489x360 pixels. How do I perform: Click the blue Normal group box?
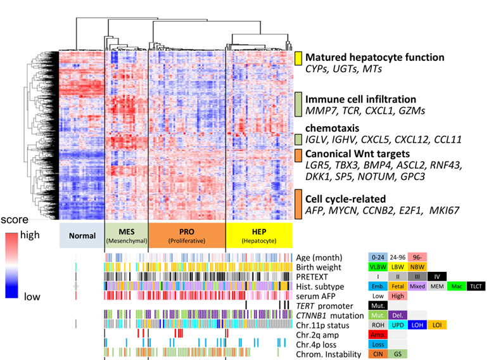pyautogui.click(x=80, y=234)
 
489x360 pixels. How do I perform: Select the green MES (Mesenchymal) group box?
pyautogui.click(x=125, y=234)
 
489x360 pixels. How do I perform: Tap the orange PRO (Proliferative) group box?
pyautogui.click(x=186, y=234)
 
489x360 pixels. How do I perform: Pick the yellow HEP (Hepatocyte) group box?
pyautogui.click(x=259, y=234)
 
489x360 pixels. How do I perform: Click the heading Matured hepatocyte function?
pyautogui.click(x=374, y=57)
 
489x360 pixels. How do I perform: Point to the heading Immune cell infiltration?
pyautogui.click(x=360, y=99)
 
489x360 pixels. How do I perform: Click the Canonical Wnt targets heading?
pyautogui.click(x=357, y=153)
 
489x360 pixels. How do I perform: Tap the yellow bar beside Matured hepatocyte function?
pyautogui.click(x=298, y=58)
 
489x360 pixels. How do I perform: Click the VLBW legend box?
pyautogui.click(x=378, y=267)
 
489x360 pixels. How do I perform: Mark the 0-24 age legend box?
pyautogui.click(x=378, y=257)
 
